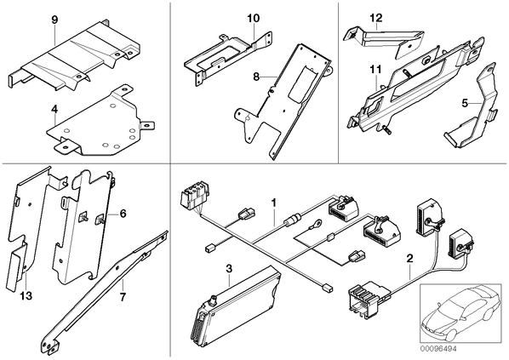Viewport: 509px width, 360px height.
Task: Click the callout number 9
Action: click(x=54, y=20)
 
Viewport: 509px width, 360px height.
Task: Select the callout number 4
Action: click(x=54, y=110)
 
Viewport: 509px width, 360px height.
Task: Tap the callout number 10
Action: click(x=253, y=18)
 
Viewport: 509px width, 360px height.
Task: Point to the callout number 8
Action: click(x=256, y=77)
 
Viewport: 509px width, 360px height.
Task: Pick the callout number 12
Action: click(x=376, y=18)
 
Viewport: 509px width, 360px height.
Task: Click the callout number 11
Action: click(x=375, y=70)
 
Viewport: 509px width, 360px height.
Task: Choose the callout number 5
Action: click(x=465, y=104)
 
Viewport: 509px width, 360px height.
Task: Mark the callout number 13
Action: click(x=26, y=295)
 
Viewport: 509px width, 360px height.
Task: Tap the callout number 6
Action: click(x=123, y=214)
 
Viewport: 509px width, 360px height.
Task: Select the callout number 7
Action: click(x=123, y=297)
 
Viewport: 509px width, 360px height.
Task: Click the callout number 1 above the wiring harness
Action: click(x=274, y=203)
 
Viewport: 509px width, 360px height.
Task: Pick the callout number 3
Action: click(x=229, y=269)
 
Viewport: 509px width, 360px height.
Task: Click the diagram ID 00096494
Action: click(x=438, y=349)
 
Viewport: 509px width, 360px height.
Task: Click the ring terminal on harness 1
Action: click(x=316, y=224)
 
